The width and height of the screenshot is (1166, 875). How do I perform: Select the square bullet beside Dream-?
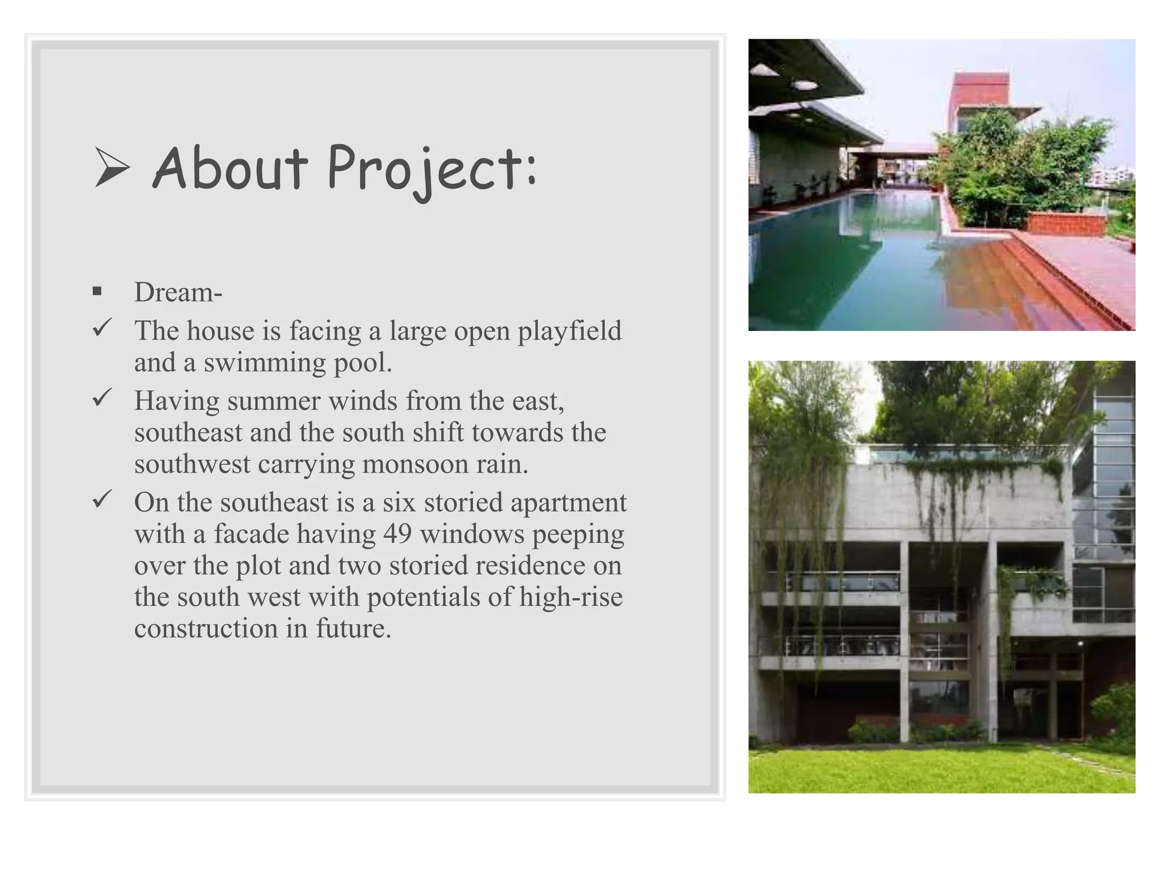(x=97, y=292)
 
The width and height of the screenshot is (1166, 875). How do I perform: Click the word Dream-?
(x=178, y=292)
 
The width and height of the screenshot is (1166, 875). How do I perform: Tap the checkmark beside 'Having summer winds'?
(x=101, y=398)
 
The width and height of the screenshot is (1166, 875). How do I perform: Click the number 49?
(x=397, y=534)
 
